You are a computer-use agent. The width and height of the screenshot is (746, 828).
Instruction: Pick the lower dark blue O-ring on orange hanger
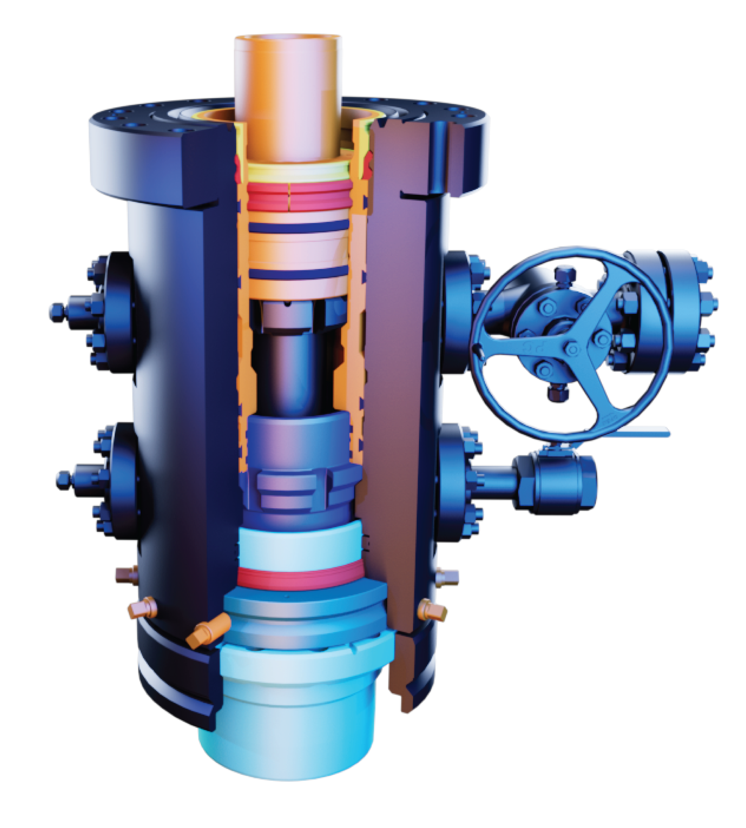coord(298,273)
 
